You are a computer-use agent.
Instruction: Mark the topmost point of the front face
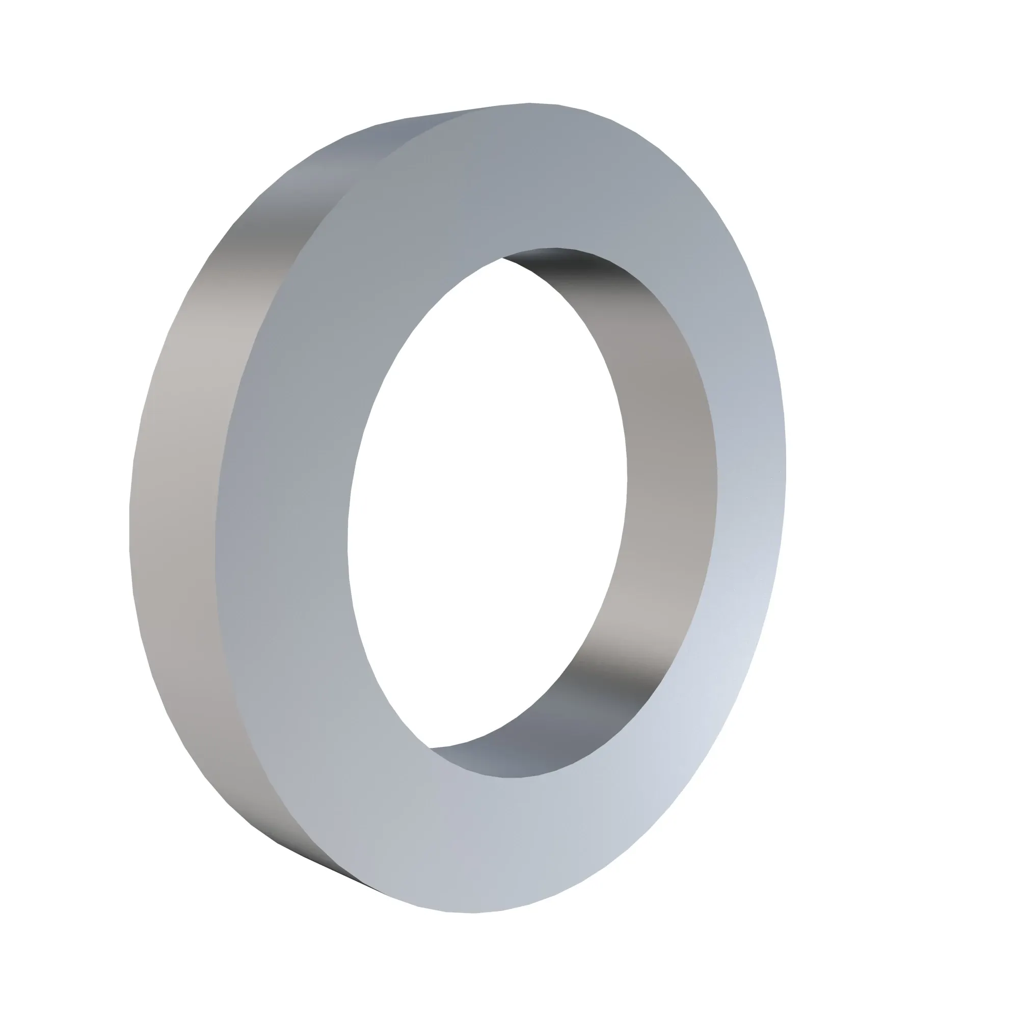click(x=529, y=104)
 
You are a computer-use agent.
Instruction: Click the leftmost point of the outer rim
click(x=130, y=527)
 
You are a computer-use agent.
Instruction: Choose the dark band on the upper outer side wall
click(x=274, y=232)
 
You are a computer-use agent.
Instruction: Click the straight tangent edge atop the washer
click(x=453, y=112)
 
